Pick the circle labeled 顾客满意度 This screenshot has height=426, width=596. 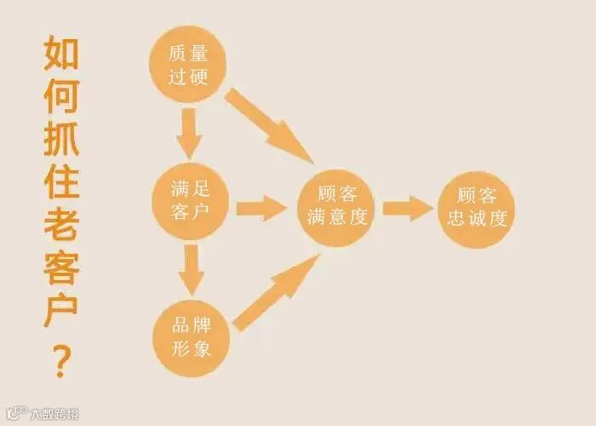[336, 207]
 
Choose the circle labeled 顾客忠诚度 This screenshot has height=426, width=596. [477, 207]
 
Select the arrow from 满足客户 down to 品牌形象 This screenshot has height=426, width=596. [191, 268]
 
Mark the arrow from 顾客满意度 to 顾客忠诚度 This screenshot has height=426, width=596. [407, 208]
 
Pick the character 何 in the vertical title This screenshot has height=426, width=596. [61, 96]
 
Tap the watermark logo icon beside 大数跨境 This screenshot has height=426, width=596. [15, 413]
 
